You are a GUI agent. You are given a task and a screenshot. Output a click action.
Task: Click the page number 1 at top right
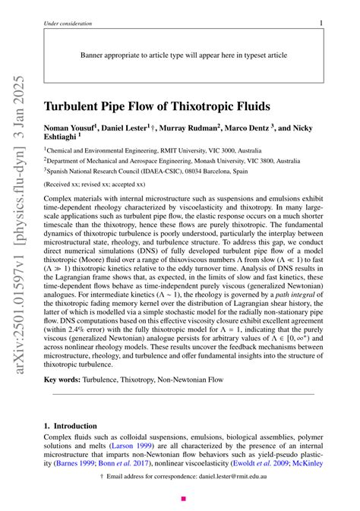point(321,24)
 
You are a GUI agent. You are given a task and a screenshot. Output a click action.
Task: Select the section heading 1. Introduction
point(71,427)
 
